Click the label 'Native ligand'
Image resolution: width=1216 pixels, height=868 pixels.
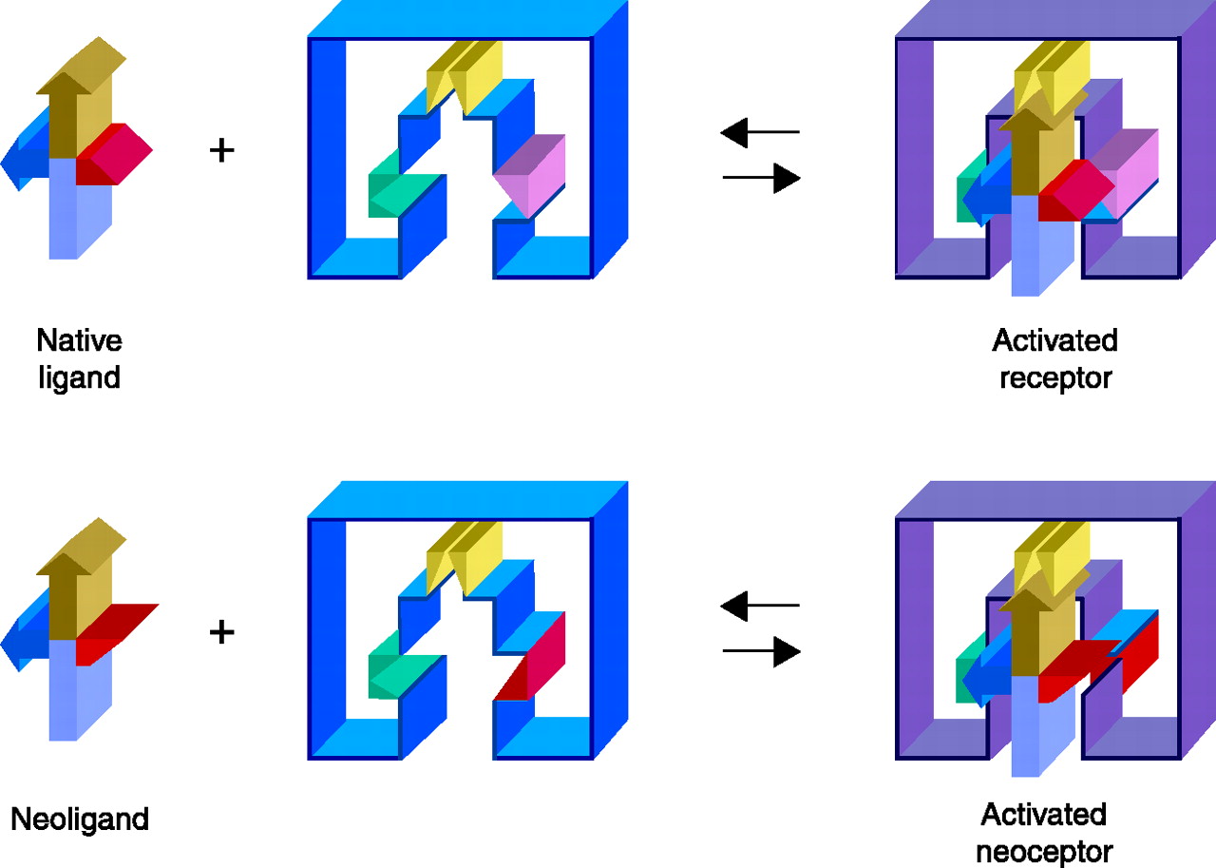pyautogui.click(x=80, y=358)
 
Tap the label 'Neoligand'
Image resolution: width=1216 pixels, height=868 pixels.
pyautogui.click(x=80, y=819)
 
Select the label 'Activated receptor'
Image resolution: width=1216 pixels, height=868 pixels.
pyautogui.click(x=1054, y=358)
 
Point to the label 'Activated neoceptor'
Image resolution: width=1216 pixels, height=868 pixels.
pyautogui.click(x=1044, y=832)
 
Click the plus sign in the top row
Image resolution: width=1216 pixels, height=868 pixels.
pyautogui.click(x=221, y=149)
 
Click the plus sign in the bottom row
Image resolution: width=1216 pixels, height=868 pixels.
pyautogui.click(x=221, y=632)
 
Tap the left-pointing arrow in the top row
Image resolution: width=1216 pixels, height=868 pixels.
pyautogui.click(x=759, y=132)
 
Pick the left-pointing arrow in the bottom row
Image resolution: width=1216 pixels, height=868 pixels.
pyautogui.click(x=759, y=605)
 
